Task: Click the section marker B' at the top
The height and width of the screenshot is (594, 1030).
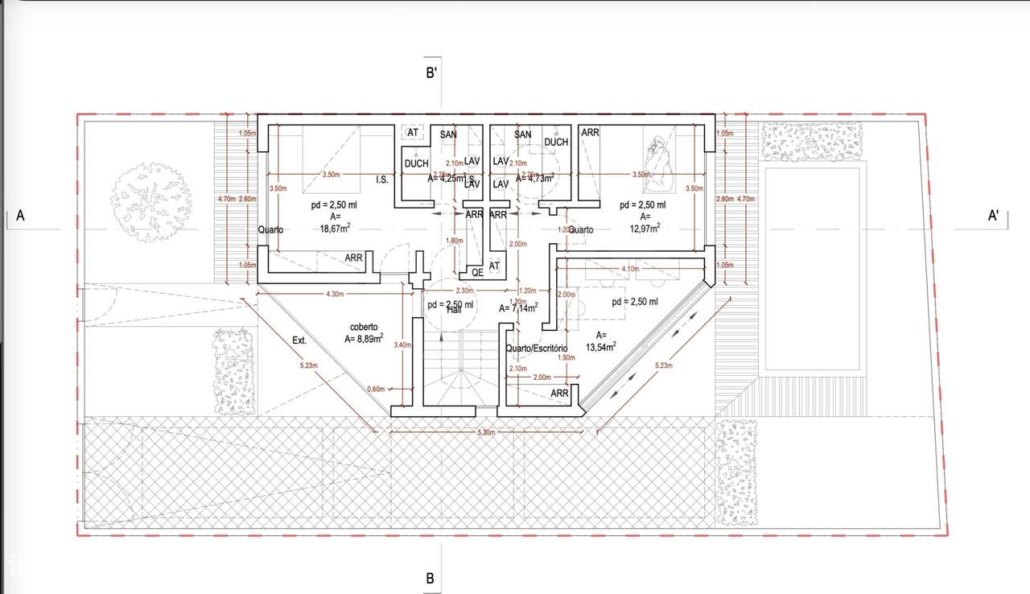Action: [x=431, y=73]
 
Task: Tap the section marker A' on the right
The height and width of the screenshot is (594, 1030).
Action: [x=994, y=216]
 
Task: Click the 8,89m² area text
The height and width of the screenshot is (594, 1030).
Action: [x=364, y=339]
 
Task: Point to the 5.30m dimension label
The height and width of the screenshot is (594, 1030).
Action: [x=485, y=433]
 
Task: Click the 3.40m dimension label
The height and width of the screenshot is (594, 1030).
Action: [x=402, y=344]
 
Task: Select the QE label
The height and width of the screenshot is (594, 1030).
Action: [x=478, y=272]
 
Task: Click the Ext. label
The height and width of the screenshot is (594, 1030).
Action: [x=299, y=340]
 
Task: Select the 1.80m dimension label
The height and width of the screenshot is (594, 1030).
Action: [x=455, y=240]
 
